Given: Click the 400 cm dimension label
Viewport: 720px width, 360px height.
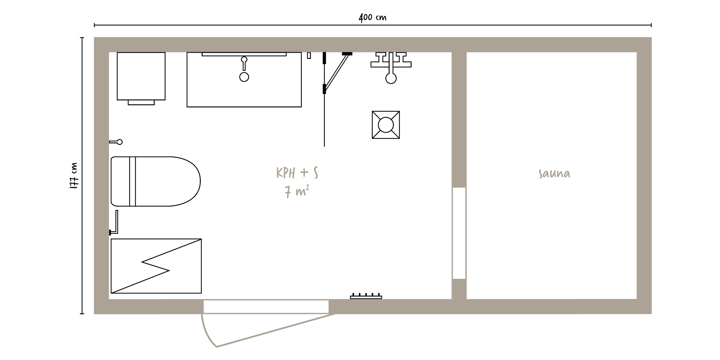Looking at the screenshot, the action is [x=373, y=17].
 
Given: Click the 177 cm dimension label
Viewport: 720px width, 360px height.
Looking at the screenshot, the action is [x=74, y=176].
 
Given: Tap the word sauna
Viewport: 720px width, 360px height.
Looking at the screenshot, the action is [x=554, y=174].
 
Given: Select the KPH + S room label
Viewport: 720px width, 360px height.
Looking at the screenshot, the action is [x=297, y=173].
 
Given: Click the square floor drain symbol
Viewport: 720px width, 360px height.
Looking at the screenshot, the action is [x=386, y=125].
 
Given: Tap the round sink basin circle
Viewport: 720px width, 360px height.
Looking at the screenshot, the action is [x=244, y=77].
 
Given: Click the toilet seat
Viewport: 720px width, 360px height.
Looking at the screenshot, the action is [x=155, y=182].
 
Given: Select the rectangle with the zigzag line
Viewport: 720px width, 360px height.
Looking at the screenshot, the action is [x=156, y=266].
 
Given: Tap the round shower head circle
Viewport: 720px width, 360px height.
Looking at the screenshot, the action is [x=391, y=78].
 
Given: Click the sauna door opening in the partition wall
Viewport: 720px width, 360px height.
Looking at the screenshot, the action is [x=459, y=233].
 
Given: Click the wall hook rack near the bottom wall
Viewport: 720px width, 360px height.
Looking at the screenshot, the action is [x=366, y=296].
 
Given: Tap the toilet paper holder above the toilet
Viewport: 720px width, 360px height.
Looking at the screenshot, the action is [x=116, y=142].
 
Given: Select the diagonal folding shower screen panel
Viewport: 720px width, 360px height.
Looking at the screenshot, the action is [x=337, y=72].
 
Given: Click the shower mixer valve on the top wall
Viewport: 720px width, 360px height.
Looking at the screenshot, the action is [x=391, y=60].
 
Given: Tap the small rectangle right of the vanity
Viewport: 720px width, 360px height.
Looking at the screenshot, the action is [x=309, y=56].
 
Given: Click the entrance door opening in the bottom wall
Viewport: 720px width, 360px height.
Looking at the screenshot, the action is [x=266, y=307].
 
